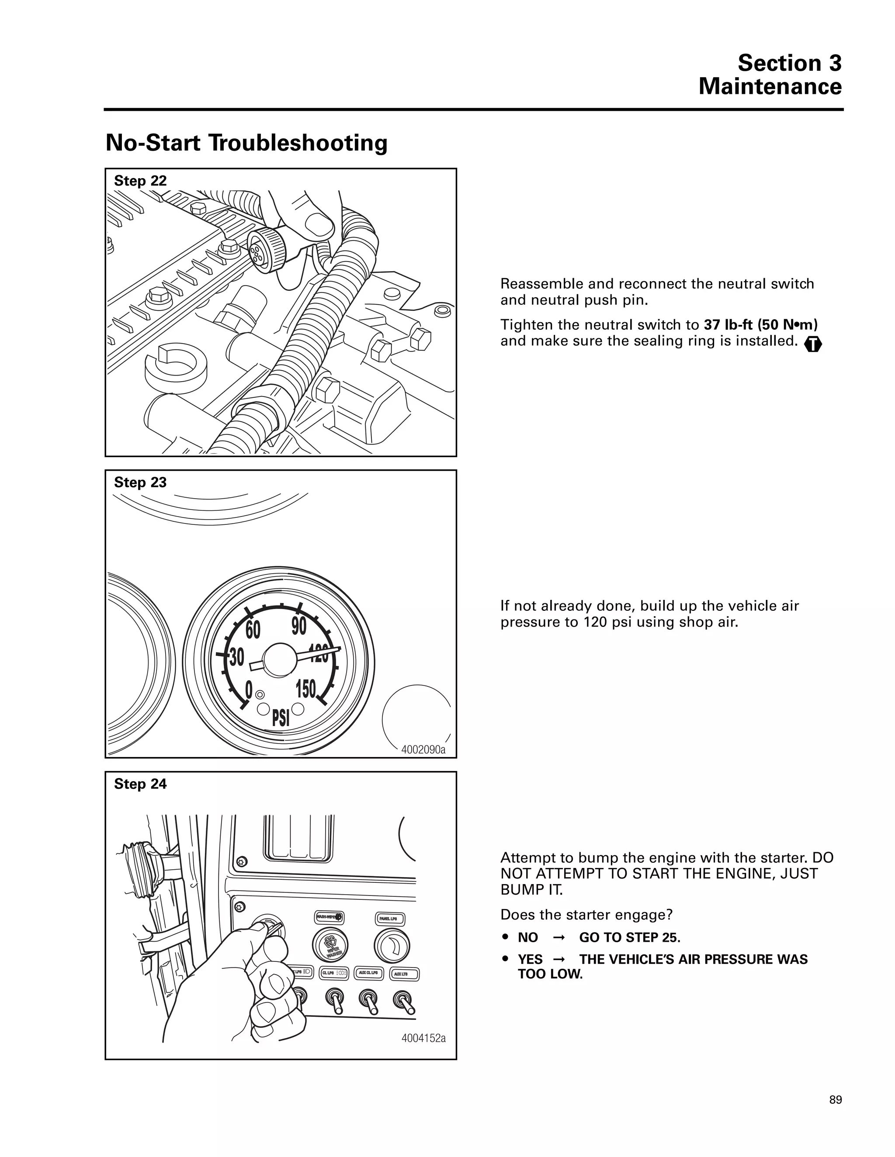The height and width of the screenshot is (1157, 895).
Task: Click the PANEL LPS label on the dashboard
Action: point(391,918)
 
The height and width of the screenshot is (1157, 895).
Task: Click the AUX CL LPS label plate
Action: point(368,973)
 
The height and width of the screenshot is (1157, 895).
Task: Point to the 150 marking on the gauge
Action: point(306,689)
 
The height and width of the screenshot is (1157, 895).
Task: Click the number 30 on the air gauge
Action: point(236,658)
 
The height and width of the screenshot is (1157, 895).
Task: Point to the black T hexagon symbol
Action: point(813,345)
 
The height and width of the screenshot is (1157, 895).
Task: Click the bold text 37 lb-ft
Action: point(729,324)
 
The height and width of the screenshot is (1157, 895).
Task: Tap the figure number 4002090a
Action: point(423,750)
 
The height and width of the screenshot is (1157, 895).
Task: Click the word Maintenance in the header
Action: point(770,87)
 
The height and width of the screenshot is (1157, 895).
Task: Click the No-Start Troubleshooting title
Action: point(246,143)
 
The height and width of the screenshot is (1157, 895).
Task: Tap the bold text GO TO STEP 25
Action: point(629,938)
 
